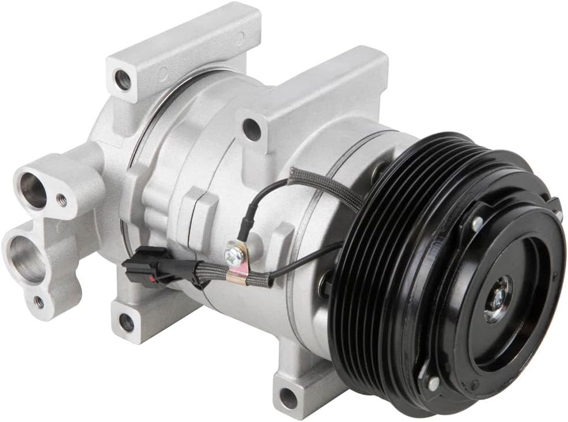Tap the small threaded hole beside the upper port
tap(62, 200)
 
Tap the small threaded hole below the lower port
tap(39, 301)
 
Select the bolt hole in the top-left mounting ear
tap(123, 80)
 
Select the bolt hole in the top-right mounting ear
tap(251, 129)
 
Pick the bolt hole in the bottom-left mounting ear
tap(126, 323)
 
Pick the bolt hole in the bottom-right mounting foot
tap(288, 397)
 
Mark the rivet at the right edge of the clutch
tap(558, 214)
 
